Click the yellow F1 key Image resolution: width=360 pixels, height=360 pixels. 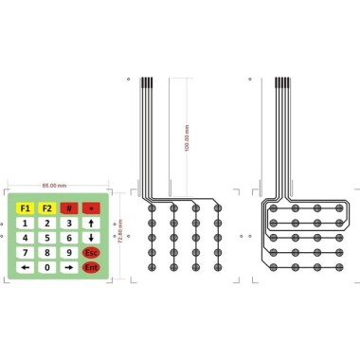click(x=25, y=207)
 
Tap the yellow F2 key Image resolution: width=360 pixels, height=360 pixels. click(x=46, y=207)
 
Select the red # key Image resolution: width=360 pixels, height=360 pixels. click(x=68, y=207)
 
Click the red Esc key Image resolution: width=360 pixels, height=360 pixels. click(x=91, y=253)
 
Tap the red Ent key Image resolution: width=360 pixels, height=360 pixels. click(x=91, y=268)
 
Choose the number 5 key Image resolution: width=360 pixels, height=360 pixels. click(x=46, y=238)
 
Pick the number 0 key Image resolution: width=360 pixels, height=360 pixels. click(x=46, y=268)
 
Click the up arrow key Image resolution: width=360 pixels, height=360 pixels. click(x=91, y=223)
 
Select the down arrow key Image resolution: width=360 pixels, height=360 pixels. click(x=91, y=238)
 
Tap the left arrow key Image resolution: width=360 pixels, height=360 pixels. click(x=25, y=268)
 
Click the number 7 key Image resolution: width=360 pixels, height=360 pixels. click(x=25, y=253)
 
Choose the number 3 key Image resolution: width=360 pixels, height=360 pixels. click(x=68, y=223)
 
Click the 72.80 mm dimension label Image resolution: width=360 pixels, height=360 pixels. click(x=119, y=233)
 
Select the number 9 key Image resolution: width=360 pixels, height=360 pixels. click(x=68, y=253)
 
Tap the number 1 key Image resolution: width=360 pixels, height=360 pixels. click(x=25, y=223)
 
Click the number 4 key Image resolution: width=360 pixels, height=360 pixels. click(x=25, y=238)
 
